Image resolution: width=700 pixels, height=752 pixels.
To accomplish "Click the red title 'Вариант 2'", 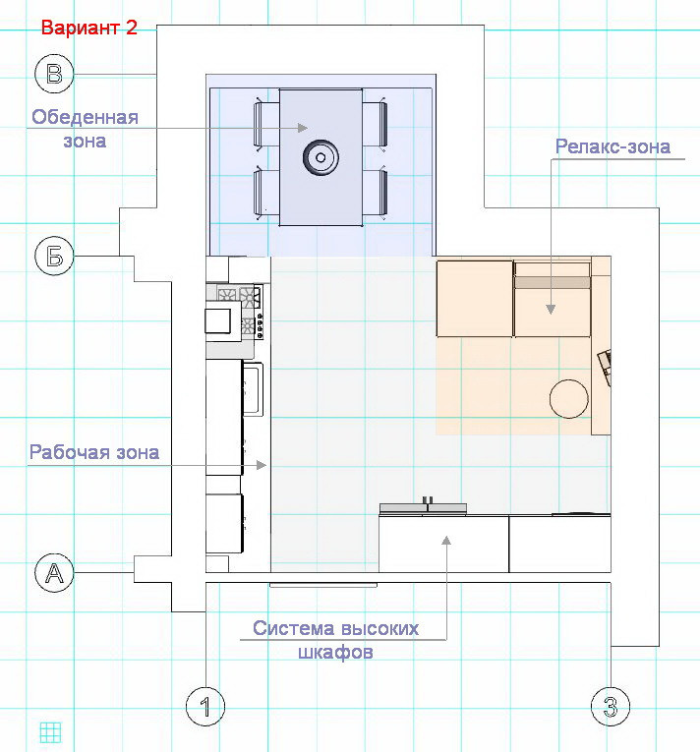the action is coord(89,28).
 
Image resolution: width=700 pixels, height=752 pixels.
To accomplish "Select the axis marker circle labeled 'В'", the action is coord(54,74).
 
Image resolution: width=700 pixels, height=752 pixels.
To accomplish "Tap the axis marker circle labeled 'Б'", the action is coord(54,256).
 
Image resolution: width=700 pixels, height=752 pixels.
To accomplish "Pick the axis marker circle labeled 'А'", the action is coord(54,572).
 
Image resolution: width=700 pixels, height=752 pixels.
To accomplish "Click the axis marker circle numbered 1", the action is coord(205,706).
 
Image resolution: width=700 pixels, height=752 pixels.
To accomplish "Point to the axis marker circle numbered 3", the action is coord(610,706).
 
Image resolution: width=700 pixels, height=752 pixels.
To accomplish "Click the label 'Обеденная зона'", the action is coord(85,129).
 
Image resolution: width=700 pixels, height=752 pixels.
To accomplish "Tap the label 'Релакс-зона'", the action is coord(612,146).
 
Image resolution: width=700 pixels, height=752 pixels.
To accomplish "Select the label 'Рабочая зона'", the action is coord(94,452).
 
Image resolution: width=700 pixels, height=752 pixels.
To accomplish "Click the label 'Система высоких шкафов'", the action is coord(336,640).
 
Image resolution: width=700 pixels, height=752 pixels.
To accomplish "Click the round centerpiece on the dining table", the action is coord(321,157).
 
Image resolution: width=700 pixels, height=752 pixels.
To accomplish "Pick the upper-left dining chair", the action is coord(266,124).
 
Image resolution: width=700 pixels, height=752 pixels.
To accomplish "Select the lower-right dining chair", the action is coord(376,193).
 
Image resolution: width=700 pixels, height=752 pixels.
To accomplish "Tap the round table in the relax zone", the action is coord(569,398).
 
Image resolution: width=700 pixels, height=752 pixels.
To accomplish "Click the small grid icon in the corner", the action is coord(50,732).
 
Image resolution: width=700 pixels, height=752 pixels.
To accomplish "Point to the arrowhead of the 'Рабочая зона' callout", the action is coord(262,465).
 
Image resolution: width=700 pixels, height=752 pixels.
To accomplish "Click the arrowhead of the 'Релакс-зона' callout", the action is coord(551,310).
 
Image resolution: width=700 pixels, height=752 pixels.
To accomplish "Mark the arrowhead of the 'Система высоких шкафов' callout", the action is coord(446,541).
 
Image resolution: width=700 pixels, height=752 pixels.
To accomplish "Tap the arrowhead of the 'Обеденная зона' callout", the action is coord(303,128).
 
